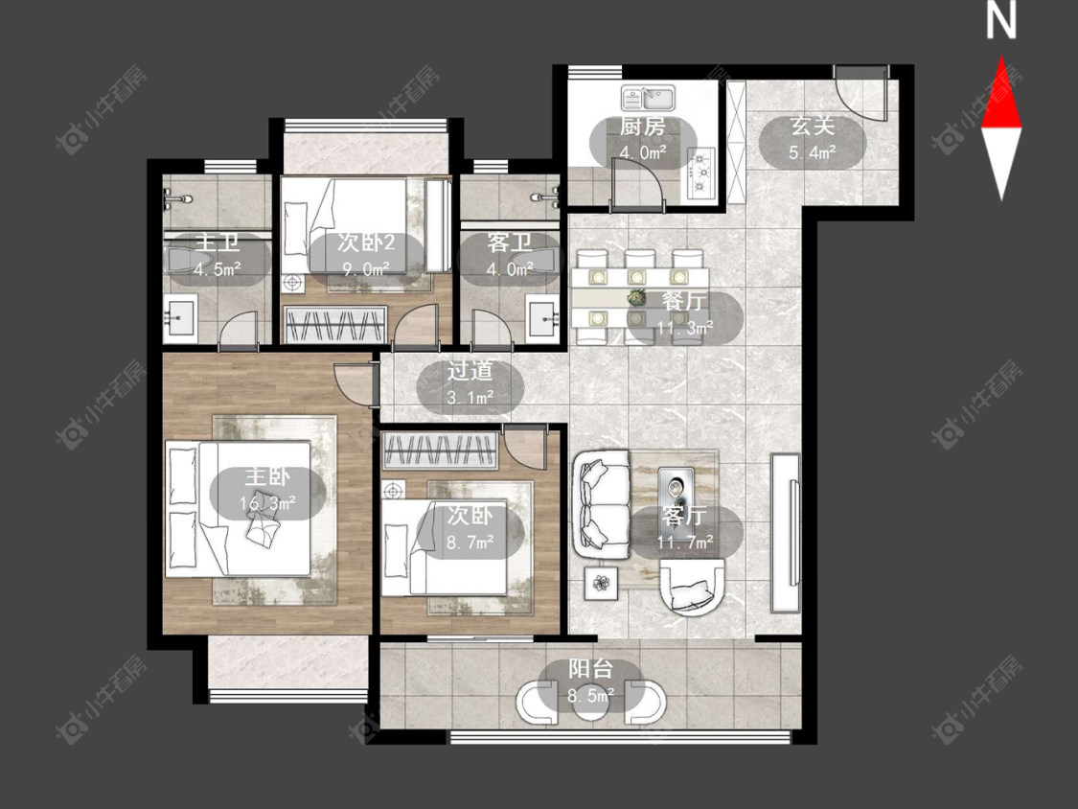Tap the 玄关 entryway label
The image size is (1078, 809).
pos(812,127)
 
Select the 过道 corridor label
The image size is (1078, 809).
pos(470,372)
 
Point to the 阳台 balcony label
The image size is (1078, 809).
pos(590,669)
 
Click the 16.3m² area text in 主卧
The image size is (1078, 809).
pos(267,503)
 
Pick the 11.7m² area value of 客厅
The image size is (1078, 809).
pos(685,543)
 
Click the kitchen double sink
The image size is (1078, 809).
pos(649,98)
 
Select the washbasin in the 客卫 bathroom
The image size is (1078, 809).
pos(546,317)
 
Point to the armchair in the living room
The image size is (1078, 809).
pos(691,586)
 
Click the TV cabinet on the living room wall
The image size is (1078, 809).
pos(786,532)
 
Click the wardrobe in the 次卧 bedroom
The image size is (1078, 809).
pos(440,451)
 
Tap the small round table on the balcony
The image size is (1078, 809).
pos(591,702)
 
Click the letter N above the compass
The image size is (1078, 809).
pos(1001,20)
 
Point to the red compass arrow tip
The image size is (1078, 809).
pos(1001,58)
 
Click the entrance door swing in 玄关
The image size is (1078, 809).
pos(861,96)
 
